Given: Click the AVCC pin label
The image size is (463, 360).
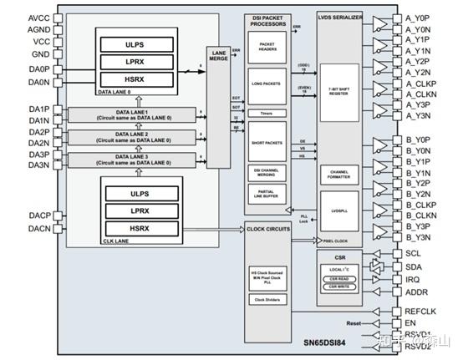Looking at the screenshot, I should pos(16,17).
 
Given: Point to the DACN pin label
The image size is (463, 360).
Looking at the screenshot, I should pos(16,228).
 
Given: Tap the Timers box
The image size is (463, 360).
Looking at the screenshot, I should pos(267,114).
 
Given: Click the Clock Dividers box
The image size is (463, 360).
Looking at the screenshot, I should pos(267,299).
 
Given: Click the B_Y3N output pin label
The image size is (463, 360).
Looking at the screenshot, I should pos(421,237).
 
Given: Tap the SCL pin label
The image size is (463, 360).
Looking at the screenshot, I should pos(413,252).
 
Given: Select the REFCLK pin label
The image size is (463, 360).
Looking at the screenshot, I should pos(420,310).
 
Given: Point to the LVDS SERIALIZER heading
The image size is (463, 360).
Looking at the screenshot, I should pos(339,18).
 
